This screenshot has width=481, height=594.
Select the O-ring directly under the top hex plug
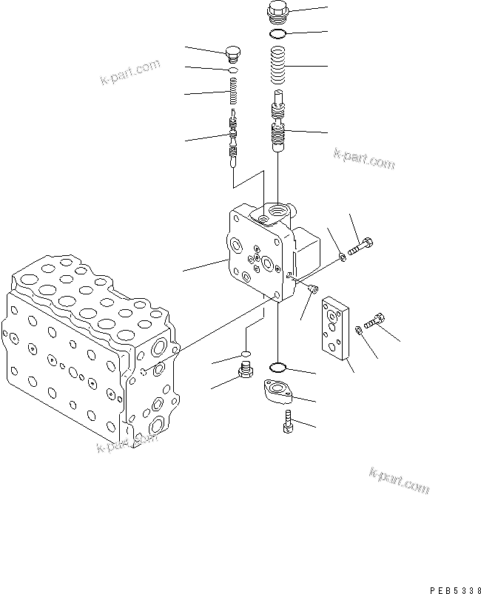279,34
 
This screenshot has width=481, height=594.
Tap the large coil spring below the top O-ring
279,66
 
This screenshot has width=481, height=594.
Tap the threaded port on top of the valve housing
277,212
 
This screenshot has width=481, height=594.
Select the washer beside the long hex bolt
343,256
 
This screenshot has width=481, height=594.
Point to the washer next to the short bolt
359,328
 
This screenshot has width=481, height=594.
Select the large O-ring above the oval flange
278,367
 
